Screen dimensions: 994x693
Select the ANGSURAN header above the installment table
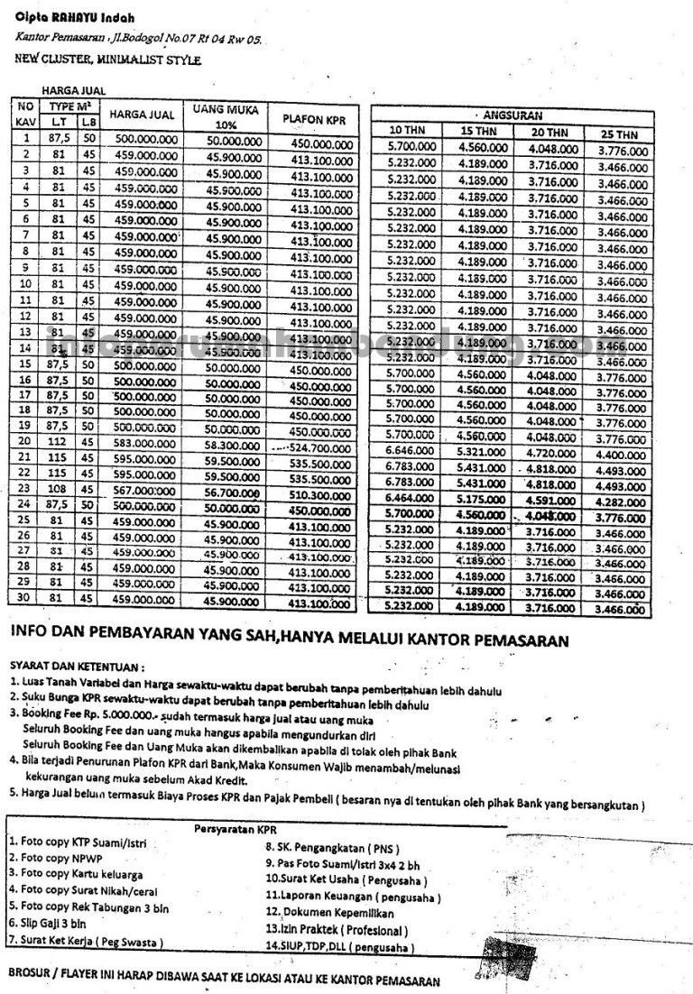[x=512, y=115]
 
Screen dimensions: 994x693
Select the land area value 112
[x=61, y=441]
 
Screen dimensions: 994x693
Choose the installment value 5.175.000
[x=481, y=499]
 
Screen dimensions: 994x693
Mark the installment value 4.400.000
[x=622, y=456]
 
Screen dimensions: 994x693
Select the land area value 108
[x=61, y=490]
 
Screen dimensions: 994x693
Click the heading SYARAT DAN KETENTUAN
[x=77, y=667]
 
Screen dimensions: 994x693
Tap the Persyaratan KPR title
[x=236, y=828]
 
